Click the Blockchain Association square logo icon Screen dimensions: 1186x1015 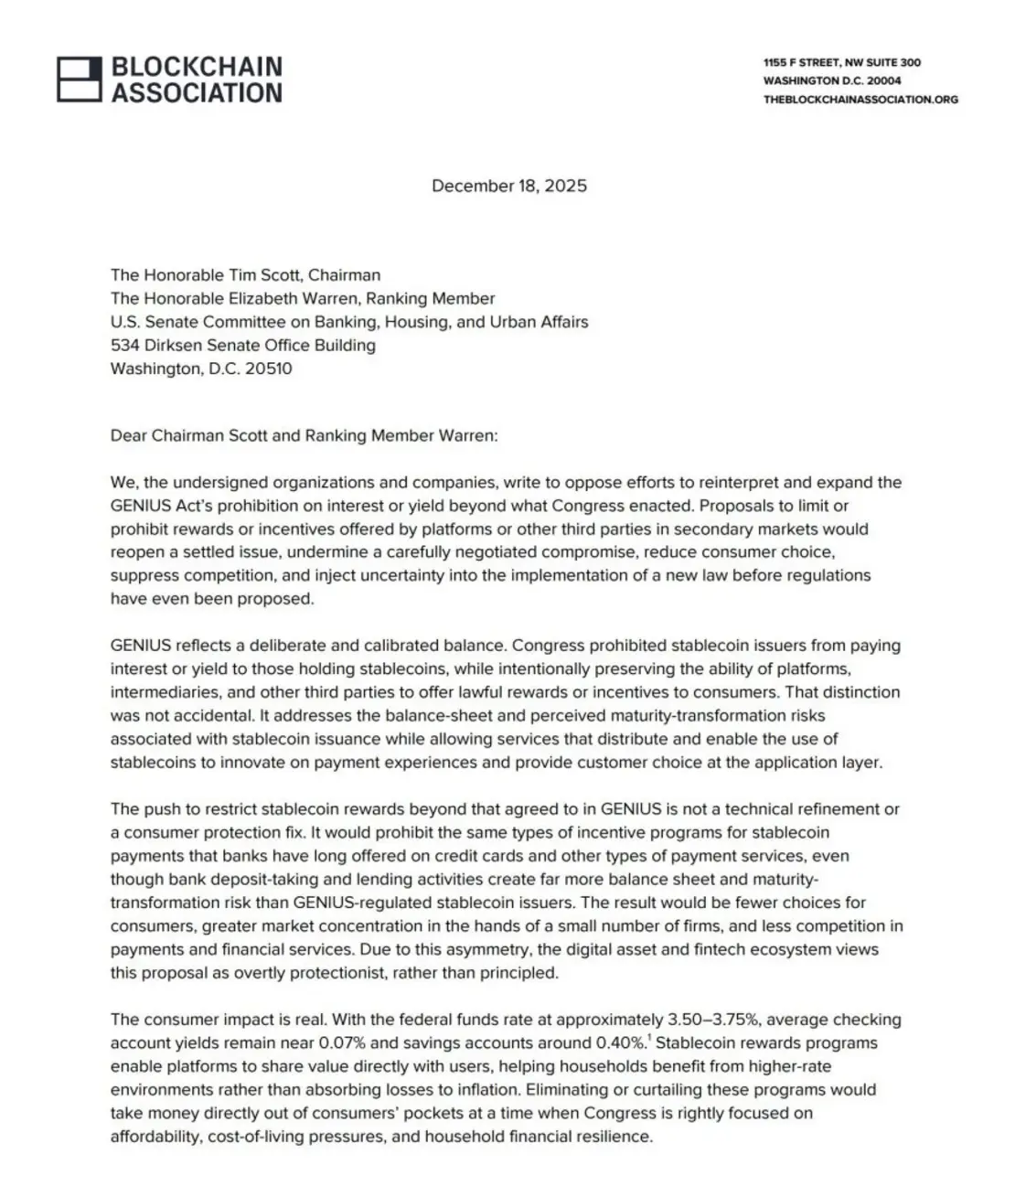[x=80, y=79]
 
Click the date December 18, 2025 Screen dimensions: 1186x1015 [x=509, y=186]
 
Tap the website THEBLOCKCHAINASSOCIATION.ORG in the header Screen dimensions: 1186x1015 [x=860, y=99]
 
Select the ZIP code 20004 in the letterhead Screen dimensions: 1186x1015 [x=883, y=80]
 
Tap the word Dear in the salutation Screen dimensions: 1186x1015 [x=128, y=435]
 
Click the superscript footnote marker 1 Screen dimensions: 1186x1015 [x=648, y=1038]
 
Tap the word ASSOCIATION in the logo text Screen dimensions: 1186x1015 [x=197, y=92]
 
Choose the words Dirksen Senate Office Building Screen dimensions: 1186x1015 [x=253, y=346]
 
